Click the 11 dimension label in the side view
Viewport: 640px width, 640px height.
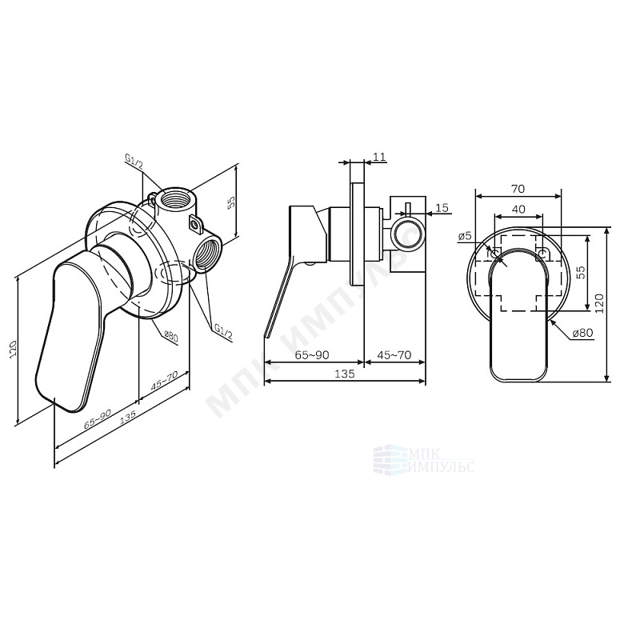[379, 157]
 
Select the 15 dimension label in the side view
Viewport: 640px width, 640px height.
[442, 208]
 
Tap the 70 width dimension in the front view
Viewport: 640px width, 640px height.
[518, 189]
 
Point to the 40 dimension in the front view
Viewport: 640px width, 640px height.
[518, 210]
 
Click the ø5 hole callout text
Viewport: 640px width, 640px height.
[465, 236]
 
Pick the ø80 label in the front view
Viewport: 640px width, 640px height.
[582, 333]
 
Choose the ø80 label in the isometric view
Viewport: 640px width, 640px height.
[170, 336]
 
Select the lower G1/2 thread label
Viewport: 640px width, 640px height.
[223, 333]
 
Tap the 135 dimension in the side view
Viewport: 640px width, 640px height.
[346, 374]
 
